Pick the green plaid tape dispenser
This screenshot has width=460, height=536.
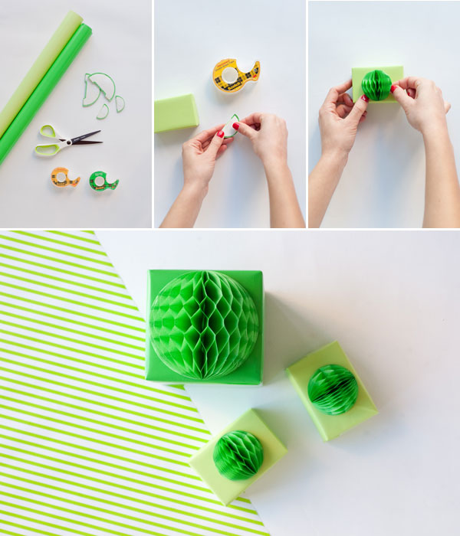click(103, 181)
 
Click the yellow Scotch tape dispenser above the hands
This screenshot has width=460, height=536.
click(235, 75)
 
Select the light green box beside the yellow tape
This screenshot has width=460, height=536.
click(176, 113)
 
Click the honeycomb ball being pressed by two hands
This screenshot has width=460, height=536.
click(376, 85)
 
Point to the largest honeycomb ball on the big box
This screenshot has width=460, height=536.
click(204, 324)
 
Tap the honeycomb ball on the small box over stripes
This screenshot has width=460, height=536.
click(238, 454)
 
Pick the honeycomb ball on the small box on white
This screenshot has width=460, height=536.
click(333, 389)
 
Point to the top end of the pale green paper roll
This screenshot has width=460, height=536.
click(71, 18)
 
